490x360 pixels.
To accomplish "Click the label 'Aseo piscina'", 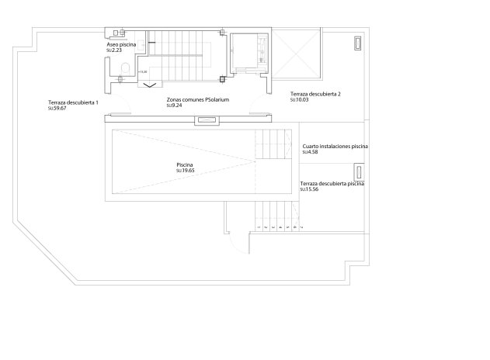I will (122, 45).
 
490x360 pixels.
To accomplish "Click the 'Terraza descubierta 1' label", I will (73, 103).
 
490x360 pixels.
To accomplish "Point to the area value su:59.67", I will (57, 109).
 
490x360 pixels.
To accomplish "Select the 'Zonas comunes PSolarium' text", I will (198, 99).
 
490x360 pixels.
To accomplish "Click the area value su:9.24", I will (174, 105).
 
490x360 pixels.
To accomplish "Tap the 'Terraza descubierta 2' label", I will (315, 94).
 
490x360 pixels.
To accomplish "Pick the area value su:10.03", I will (299, 99).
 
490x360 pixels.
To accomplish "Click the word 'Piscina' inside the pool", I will (185, 164).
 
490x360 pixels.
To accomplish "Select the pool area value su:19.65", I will (186, 170).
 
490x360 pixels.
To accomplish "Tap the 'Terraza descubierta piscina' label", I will (332, 183).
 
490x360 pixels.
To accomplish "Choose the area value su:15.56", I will (310, 189).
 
